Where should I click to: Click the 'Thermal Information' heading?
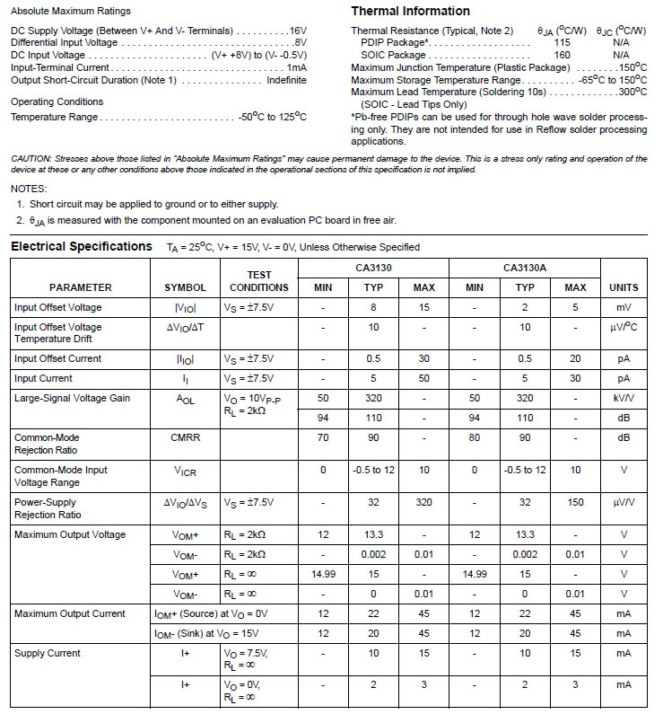(410, 12)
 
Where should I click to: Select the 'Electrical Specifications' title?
(82, 246)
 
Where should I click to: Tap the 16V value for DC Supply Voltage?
(299, 31)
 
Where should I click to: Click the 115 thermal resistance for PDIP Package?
(562, 42)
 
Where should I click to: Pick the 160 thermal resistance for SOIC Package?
(562, 55)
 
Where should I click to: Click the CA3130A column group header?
(525, 268)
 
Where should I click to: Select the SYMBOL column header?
(186, 287)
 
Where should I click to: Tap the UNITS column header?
(624, 287)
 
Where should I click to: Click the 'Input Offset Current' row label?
(58, 358)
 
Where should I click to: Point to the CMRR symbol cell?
(185, 437)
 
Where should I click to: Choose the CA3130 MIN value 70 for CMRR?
(323, 437)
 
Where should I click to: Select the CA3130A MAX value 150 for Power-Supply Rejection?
(575, 503)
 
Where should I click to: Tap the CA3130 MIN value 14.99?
(323, 573)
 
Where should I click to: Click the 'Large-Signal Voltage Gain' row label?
(70, 398)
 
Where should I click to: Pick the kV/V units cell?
(624, 398)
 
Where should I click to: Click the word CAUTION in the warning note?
(31, 159)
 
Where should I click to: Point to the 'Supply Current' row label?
(48, 653)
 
